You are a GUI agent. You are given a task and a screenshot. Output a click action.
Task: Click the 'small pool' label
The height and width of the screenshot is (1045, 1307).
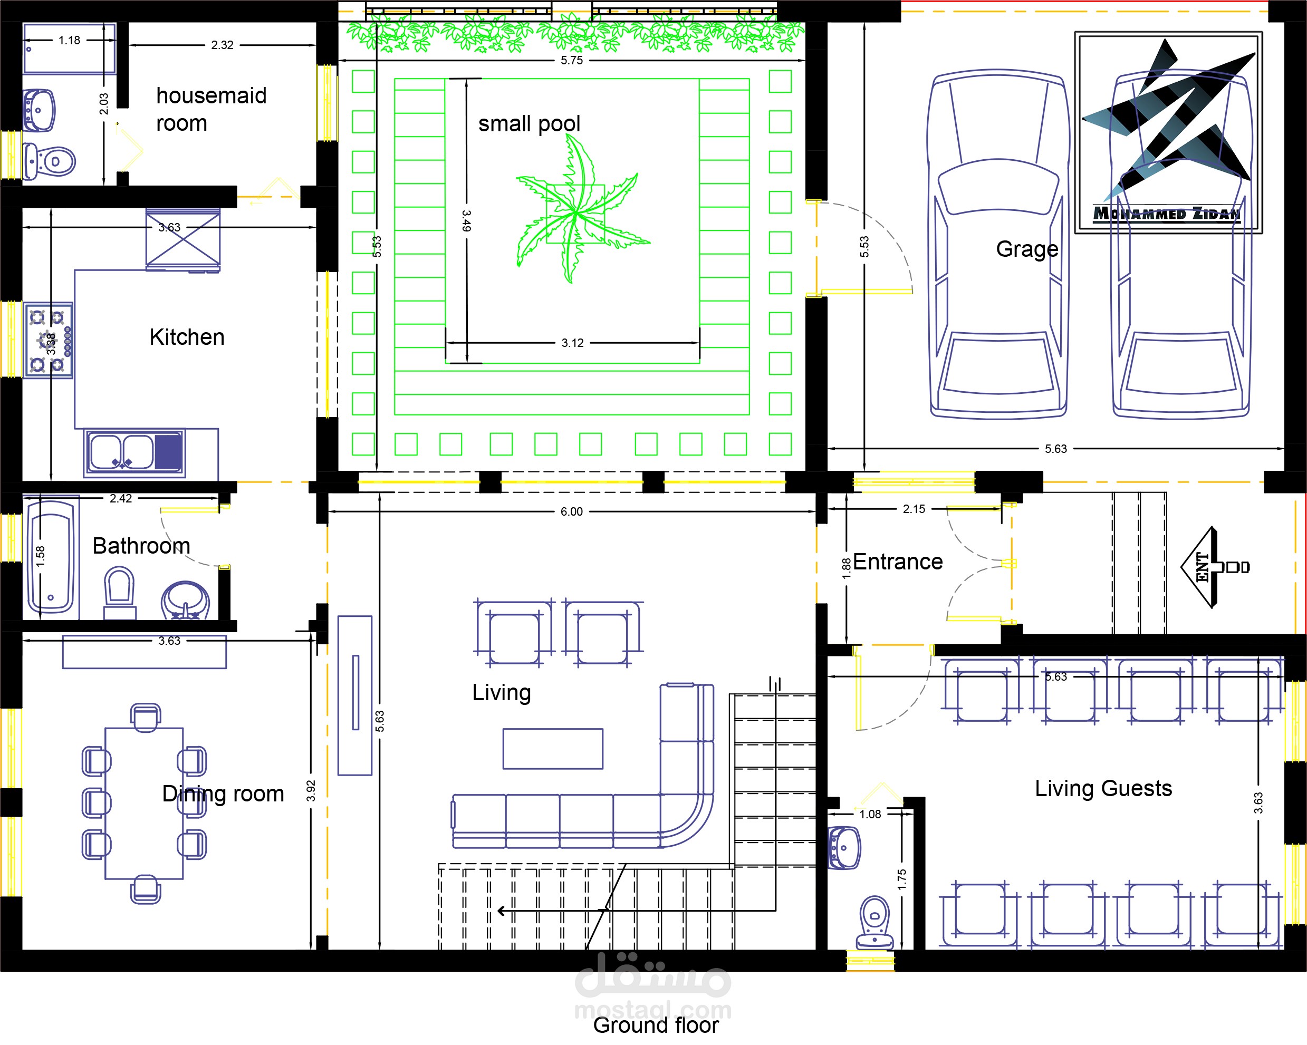(x=529, y=124)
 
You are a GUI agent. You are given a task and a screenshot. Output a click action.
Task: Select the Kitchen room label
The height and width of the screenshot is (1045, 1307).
(x=187, y=337)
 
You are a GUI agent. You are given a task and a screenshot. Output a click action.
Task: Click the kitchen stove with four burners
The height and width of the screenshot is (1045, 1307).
(x=49, y=341)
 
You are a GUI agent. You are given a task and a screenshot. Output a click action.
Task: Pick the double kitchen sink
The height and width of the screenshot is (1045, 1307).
(x=134, y=453)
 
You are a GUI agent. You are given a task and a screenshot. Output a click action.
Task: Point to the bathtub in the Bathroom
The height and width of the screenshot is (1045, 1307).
(x=51, y=556)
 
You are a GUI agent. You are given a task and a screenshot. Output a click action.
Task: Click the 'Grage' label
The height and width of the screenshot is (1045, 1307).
(x=1027, y=249)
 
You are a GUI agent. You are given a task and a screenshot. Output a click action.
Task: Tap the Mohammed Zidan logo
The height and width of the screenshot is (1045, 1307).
(x=1168, y=132)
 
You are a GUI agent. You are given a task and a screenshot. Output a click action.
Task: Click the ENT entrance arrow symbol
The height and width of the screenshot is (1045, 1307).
(x=1215, y=567)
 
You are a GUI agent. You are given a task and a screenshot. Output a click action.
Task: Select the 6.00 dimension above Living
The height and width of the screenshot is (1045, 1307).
(x=572, y=511)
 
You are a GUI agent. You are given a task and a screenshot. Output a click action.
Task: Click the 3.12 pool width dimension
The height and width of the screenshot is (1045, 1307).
(x=572, y=343)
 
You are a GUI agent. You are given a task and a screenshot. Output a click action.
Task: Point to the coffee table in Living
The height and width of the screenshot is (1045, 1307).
(x=553, y=749)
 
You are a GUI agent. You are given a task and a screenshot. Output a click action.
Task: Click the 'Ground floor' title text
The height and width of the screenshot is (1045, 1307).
(x=656, y=1025)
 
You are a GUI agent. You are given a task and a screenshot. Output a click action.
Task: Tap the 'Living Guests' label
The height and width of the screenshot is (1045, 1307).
(x=1103, y=788)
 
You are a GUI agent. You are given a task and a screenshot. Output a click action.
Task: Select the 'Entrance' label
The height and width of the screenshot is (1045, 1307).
(x=898, y=562)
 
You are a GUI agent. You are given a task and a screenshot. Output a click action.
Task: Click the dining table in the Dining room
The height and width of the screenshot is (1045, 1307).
(x=145, y=803)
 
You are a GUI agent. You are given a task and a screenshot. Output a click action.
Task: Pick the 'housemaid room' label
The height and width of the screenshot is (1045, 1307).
(x=212, y=109)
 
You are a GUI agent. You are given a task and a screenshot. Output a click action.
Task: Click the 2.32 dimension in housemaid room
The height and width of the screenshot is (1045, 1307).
(x=223, y=45)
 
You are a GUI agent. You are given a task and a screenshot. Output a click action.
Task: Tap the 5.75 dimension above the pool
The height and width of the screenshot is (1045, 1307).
(x=572, y=60)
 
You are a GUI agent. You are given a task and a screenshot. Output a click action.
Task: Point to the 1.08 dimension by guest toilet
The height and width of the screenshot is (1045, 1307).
(x=870, y=814)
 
